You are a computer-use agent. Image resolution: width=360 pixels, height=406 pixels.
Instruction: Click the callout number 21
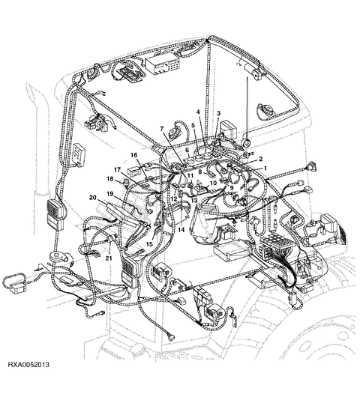click(109, 258)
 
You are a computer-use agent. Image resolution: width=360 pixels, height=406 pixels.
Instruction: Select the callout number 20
click(93, 198)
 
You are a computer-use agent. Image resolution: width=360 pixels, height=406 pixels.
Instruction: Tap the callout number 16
click(134, 155)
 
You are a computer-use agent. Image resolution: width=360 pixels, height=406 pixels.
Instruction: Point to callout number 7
click(162, 129)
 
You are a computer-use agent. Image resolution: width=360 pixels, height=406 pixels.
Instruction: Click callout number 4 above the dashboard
click(198, 112)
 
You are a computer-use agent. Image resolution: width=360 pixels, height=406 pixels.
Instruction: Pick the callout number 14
click(181, 229)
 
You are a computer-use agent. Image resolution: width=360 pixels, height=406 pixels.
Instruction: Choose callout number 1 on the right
click(265, 168)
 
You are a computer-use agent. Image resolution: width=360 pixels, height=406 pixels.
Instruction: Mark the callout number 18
click(110, 179)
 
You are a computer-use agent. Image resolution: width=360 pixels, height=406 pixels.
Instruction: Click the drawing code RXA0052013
click(28, 365)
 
